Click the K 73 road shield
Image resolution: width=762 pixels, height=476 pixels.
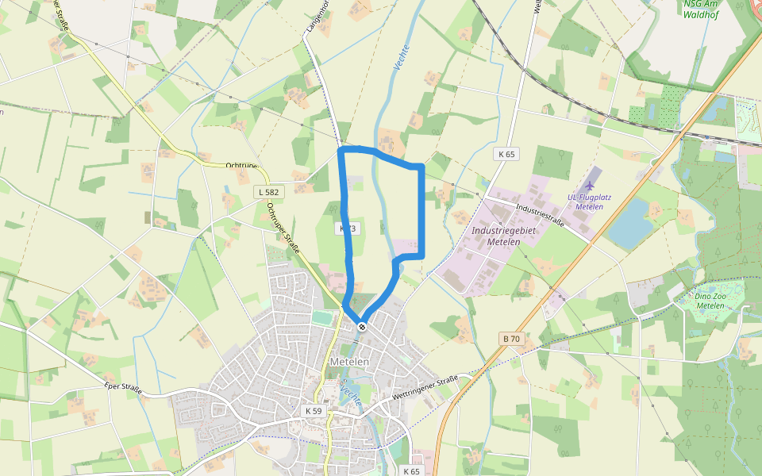[348, 228]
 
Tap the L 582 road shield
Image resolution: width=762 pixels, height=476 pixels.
[268, 192]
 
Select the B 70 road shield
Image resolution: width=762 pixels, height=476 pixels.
[511, 339]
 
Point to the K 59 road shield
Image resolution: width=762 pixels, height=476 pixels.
[314, 411]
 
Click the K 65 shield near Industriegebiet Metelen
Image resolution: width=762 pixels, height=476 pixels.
[507, 154]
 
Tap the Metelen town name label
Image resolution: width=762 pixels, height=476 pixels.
[349, 362]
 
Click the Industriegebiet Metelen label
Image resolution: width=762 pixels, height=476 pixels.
[503, 236]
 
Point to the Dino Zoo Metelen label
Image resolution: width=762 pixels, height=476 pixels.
[710, 301]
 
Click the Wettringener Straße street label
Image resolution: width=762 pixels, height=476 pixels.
[426, 387]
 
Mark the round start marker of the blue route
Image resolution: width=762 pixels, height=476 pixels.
[362, 326]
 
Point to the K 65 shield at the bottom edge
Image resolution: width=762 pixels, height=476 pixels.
[410, 470]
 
